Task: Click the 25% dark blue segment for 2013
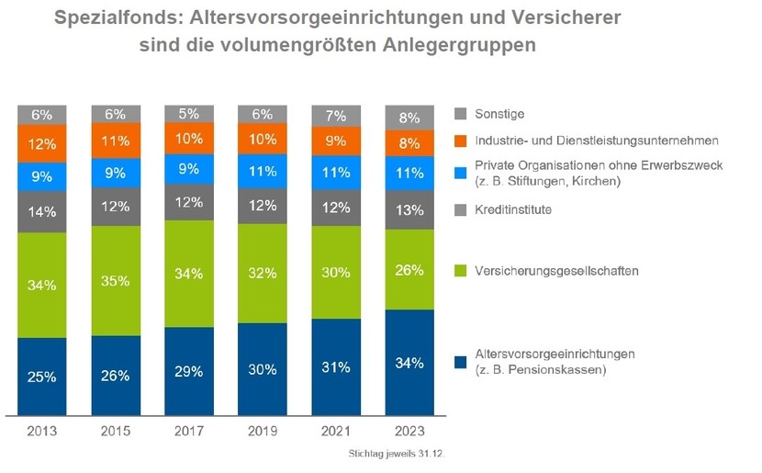[x=42, y=377]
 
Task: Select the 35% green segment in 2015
[x=116, y=280]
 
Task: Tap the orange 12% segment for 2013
[x=42, y=144]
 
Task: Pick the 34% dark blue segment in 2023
[x=409, y=363]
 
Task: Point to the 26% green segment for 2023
[x=409, y=270]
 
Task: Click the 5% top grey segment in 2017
[x=189, y=114]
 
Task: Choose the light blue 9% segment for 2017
[x=189, y=169]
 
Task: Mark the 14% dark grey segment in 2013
[x=42, y=211]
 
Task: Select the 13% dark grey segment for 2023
[x=409, y=210]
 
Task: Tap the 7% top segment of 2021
[x=336, y=117]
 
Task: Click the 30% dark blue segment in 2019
[x=263, y=369]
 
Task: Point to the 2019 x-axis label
[x=263, y=431]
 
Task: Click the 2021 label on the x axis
[x=336, y=431]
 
